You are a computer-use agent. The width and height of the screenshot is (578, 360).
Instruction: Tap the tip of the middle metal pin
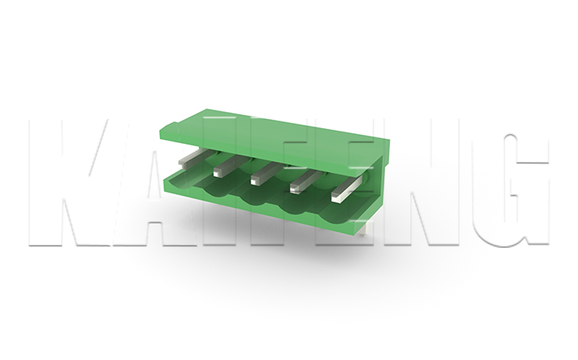[255, 180]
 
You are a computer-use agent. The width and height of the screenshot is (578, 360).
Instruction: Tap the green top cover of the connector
[273, 136]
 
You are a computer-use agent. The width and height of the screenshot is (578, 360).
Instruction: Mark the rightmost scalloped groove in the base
[333, 213]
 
